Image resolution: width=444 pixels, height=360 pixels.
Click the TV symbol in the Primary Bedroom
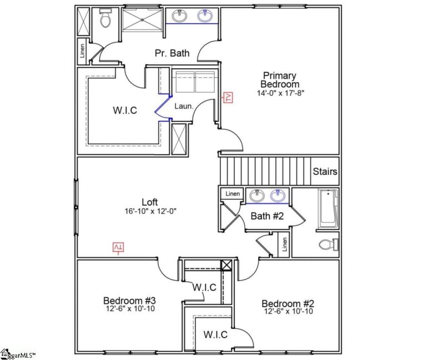228,98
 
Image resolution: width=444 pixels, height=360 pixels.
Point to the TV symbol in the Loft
118,247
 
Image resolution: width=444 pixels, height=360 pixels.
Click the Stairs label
325,171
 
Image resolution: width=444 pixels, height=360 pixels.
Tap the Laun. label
183,105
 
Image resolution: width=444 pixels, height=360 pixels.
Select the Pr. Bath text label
172,54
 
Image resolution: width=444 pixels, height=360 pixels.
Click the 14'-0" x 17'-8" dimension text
281,93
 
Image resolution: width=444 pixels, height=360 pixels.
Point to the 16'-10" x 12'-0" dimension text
151,211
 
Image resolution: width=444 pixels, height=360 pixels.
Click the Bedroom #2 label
288,303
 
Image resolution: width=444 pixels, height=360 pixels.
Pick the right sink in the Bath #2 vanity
278,196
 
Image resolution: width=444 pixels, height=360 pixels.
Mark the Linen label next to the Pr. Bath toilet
83,50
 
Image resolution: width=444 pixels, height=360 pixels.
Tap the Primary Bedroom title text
280,79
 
